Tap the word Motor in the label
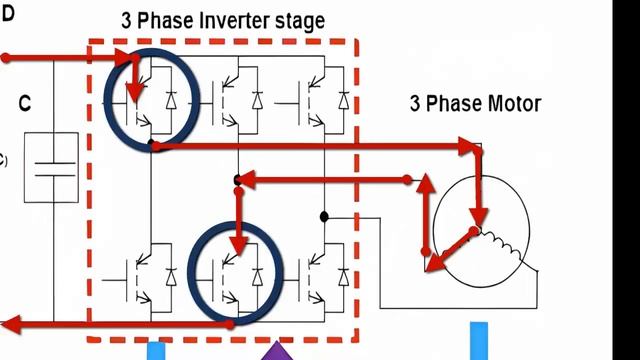click(514, 103)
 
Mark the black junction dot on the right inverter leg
click(324, 216)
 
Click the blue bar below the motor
click(480, 341)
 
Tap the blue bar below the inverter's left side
click(156, 351)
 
